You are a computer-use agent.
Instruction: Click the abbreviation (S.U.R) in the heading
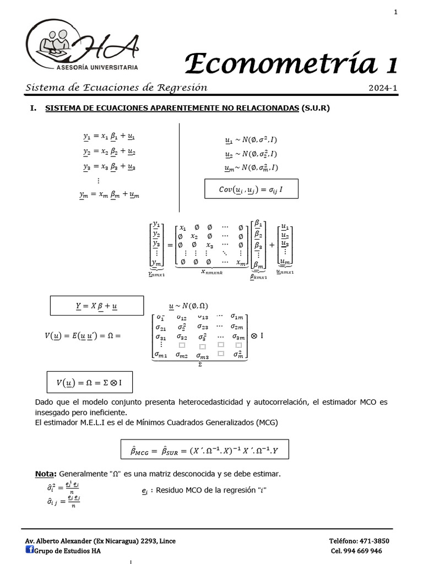click(316, 108)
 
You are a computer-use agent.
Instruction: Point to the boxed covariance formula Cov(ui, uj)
click(251, 189)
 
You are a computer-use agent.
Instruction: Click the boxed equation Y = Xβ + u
click(96, 305)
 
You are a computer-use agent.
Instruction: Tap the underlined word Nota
click(45, 474)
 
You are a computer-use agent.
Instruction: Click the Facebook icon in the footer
click(29, 549)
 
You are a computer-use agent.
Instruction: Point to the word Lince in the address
click(166, 541)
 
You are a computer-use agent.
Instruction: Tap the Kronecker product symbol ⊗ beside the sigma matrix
click(253, 334)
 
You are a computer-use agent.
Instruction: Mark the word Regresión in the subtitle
click(182, 88)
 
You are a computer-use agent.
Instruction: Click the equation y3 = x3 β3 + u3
click(109, 167)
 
